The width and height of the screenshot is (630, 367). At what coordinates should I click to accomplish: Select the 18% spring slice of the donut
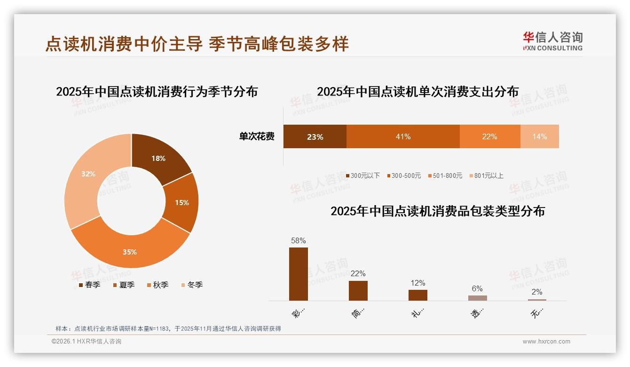(158, 159)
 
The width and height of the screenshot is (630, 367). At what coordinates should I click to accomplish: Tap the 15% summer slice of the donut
(182, 202)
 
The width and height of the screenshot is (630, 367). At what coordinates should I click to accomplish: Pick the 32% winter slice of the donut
(88, 174)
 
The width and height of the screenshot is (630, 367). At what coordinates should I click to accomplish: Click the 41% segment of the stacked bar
(403, 136)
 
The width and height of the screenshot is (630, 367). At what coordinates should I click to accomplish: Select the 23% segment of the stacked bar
(315, 136)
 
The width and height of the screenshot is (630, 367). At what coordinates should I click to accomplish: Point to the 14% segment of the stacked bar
(540, 136)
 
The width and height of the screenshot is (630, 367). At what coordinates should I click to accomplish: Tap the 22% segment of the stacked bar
(489, 136)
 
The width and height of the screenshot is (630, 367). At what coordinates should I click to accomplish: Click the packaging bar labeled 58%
(298, 274)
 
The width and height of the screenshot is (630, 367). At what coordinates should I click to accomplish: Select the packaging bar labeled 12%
(417, 295)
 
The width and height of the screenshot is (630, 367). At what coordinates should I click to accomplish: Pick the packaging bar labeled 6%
(477, 298)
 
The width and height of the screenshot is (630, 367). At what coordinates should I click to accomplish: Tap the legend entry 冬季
(192, 285)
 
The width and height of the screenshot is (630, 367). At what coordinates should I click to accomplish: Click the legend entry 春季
(89, 285)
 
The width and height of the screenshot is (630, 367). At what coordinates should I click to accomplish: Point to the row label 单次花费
(257, 136)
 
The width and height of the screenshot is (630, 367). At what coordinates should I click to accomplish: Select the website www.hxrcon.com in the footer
(546, 342)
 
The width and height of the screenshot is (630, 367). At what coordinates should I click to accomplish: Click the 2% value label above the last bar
(536, 292)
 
